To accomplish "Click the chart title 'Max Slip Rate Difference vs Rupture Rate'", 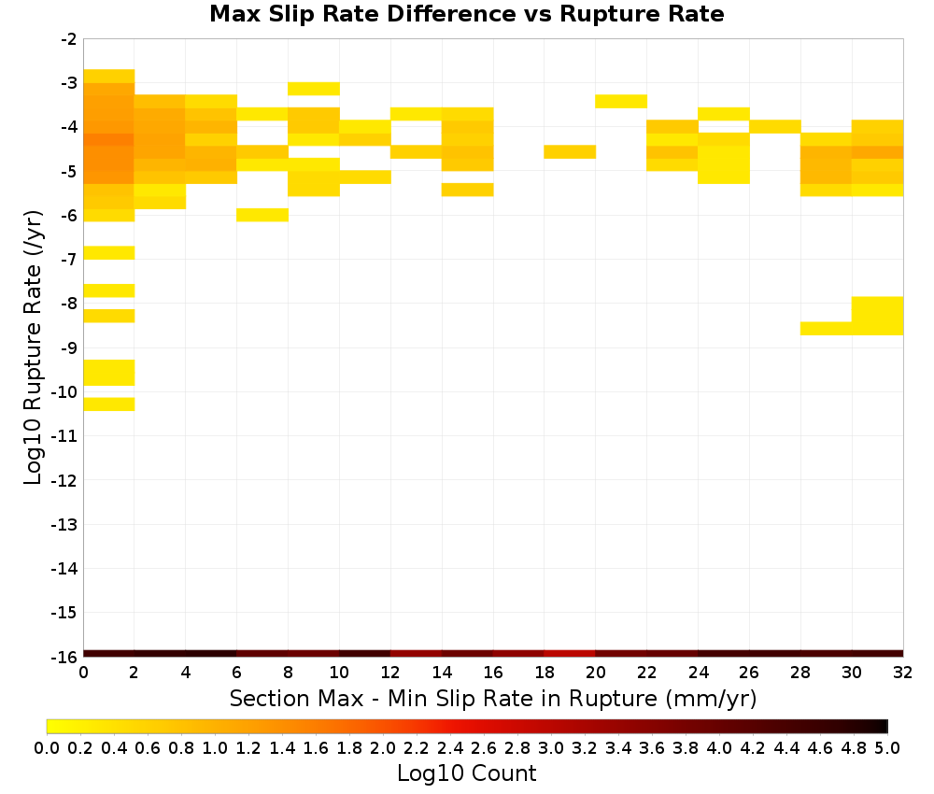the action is point(466,14).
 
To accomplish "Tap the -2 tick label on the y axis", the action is point(68,39).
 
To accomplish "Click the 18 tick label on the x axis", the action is point(545,673).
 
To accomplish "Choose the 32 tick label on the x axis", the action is point(903,673).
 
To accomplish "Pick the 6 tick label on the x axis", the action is point(236,673).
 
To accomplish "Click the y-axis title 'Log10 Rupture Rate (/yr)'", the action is point(33,347).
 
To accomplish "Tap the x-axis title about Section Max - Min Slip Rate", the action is point(492,699).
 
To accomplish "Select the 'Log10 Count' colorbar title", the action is point(466,773).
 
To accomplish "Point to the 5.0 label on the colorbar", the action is point(887,747).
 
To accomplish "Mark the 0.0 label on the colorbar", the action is point(47,747).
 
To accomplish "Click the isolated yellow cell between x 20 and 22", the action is point(621,101).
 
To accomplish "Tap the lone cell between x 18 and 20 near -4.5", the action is point(570,152).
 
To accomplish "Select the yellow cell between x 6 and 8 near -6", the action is point(262,215).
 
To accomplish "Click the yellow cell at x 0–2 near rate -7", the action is point(109,252).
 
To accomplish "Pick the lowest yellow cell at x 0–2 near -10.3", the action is point(109,404).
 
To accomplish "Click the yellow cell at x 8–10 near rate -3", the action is point(313,89).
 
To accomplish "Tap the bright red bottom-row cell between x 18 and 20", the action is point(570,654).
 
